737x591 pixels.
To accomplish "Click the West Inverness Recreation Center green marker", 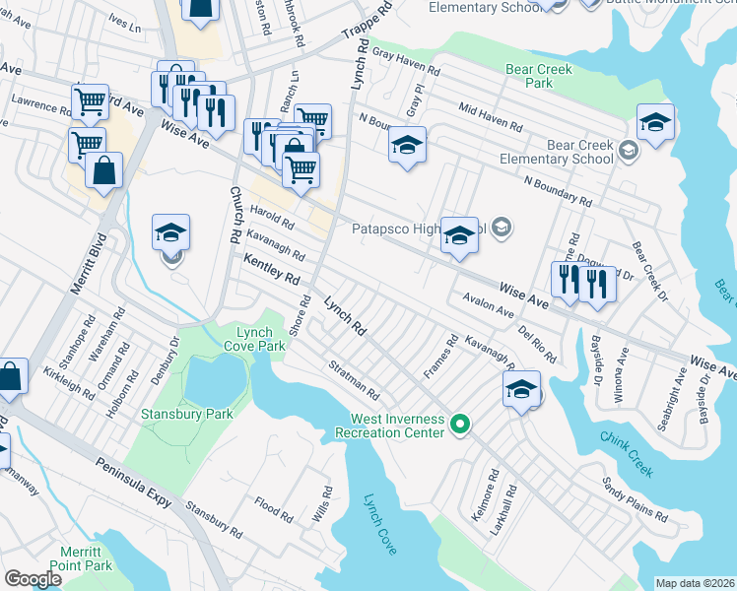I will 459,426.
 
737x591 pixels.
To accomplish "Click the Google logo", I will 33,579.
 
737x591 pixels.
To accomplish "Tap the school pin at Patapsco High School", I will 458,235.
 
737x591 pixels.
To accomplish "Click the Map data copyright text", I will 694,583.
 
